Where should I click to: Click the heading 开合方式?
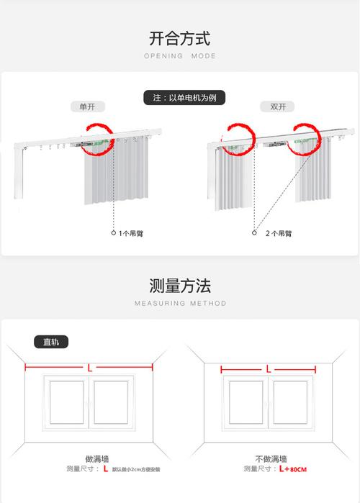coord(180,38)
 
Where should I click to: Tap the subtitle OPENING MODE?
coord(180,56)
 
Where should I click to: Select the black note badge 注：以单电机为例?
coord(180,97)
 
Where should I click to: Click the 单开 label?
coord(87,107)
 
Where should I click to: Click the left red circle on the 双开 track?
coord(239,139)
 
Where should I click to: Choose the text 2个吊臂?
coord(279,234)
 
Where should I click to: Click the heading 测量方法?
coord(180,286)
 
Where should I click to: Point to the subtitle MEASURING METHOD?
coord(180,304)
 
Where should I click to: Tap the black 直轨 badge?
coord(52,343)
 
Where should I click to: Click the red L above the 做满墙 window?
coord(89,368)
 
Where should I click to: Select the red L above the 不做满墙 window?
coord(269,368)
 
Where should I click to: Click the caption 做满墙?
coord(96,458)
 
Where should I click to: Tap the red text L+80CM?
coord(293,469)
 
